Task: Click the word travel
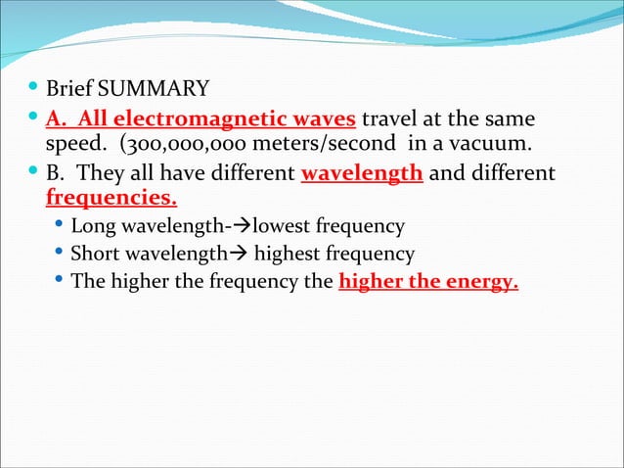click(x=391, y=119)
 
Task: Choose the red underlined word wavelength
click(x=362, y=174)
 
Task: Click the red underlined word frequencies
click(x=111, y=199)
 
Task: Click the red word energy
click(x=482, y=283)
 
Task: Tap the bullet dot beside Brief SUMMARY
click(x=35, y=91)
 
